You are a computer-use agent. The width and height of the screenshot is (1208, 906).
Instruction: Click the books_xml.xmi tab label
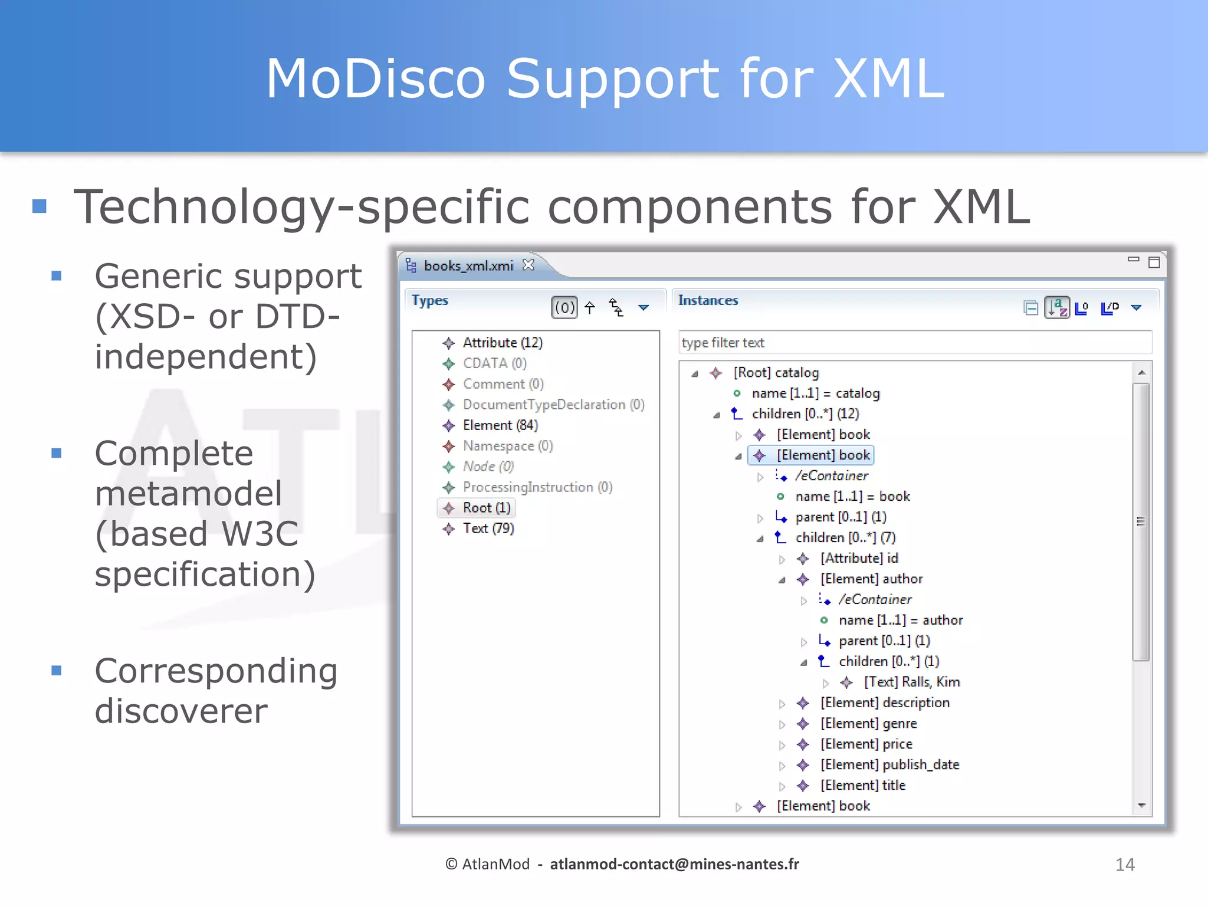468,266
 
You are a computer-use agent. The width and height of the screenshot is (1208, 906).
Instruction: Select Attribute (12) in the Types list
502,343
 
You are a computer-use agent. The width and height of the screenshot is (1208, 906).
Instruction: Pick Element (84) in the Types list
500,425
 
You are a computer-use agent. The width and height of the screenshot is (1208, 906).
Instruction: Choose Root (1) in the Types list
486,508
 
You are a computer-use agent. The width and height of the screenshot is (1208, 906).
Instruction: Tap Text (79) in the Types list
488,528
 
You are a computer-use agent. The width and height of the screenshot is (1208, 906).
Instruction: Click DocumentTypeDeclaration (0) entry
553,405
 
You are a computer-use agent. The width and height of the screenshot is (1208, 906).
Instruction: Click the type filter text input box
914,343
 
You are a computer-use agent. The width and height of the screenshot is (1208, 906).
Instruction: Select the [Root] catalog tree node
775,373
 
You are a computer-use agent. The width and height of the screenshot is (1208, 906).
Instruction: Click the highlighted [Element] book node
822,455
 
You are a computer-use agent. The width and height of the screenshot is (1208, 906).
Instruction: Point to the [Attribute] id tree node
858,558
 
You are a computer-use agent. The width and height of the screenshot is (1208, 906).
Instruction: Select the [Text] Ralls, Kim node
911,682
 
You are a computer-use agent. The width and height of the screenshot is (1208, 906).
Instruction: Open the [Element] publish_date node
889,764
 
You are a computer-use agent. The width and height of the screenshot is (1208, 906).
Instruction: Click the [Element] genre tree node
868,723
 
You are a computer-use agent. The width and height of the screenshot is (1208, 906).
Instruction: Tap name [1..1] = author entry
900,620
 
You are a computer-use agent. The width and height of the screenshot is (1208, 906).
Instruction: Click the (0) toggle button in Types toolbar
564,307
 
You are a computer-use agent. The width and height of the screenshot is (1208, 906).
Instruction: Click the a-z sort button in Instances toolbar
1056,307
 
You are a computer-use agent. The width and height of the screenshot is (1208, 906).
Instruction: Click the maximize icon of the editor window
1154,262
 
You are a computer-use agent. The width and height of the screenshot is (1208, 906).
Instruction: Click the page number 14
1124,865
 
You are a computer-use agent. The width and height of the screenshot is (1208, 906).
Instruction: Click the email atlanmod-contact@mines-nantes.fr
674,864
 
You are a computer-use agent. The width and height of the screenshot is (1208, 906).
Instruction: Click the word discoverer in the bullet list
181,711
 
